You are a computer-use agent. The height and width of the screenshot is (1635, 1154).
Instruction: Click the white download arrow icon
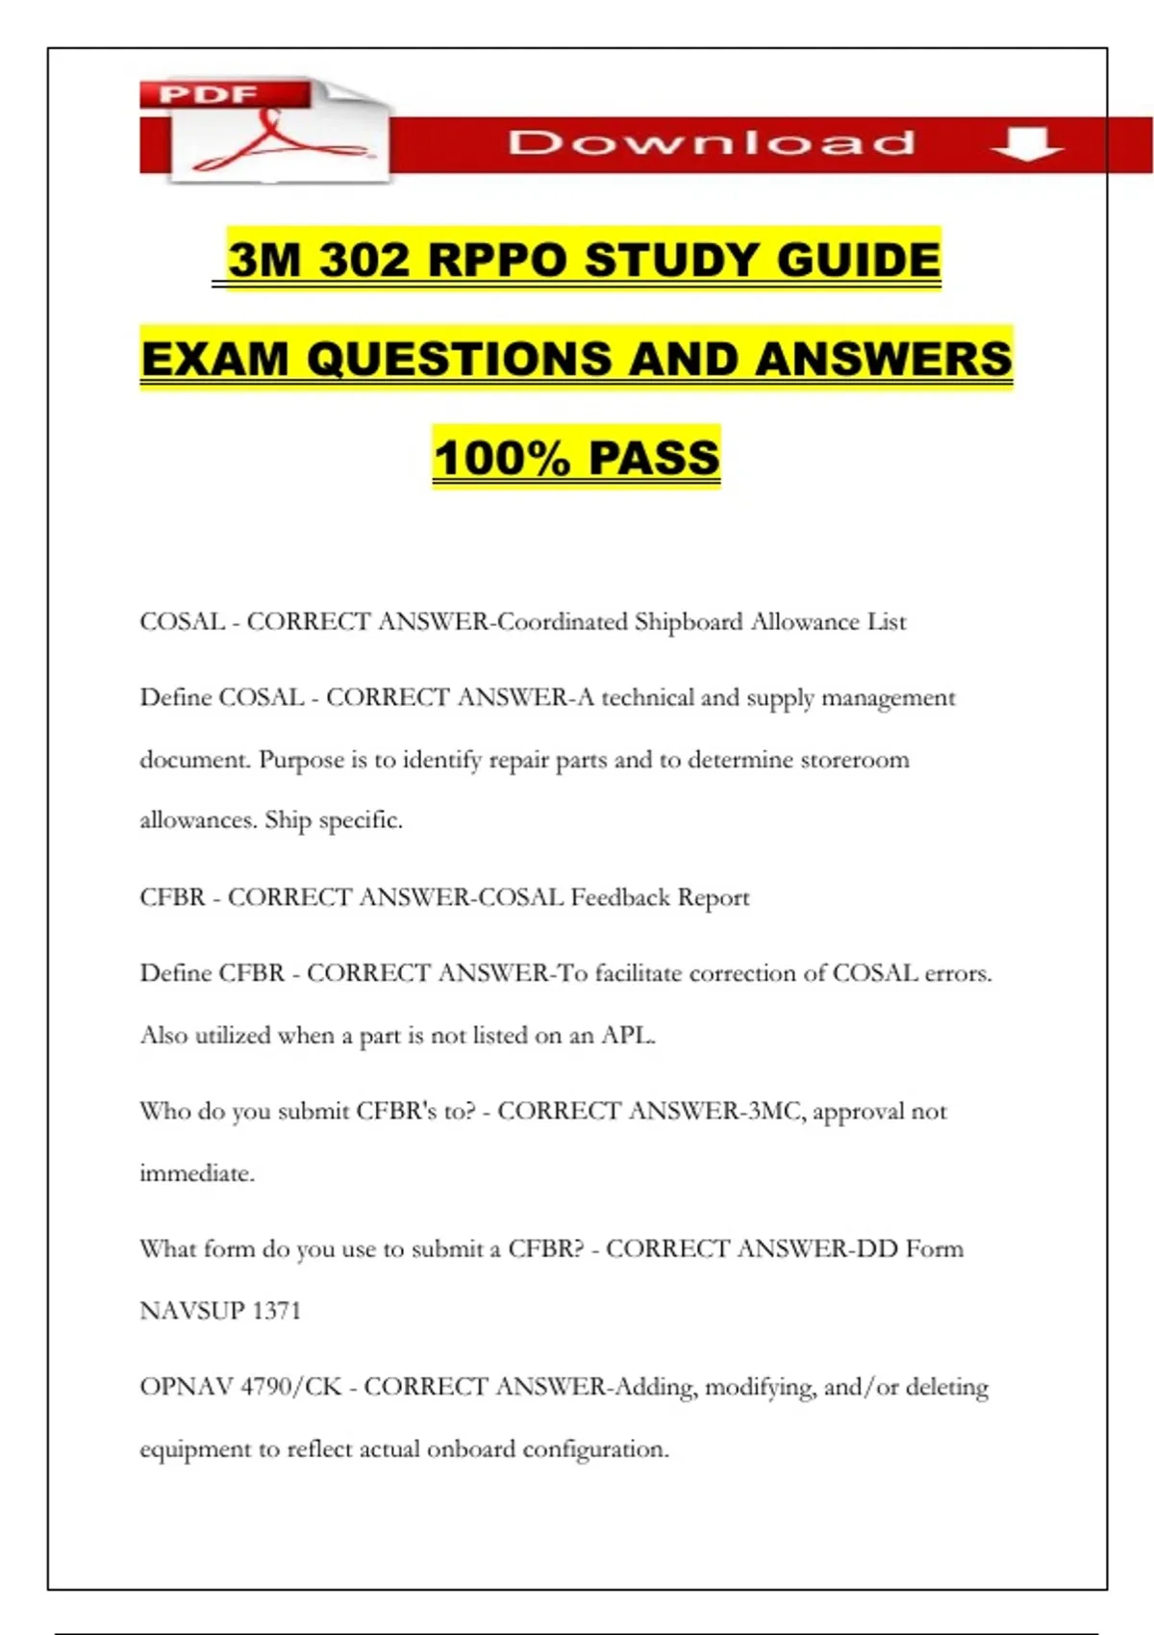pyautogui.click(x=1026, y=143)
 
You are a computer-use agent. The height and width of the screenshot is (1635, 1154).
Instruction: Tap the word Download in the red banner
pyautogui.click(x=712, y=143)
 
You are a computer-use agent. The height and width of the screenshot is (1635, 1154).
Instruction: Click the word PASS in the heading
pyautogui.click(x=654, y=458)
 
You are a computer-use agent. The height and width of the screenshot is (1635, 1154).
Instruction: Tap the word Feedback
pyautogui.click(x=620, y=897)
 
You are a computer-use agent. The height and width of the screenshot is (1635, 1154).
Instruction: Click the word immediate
pyautogui.click(x=196, y=1173)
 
